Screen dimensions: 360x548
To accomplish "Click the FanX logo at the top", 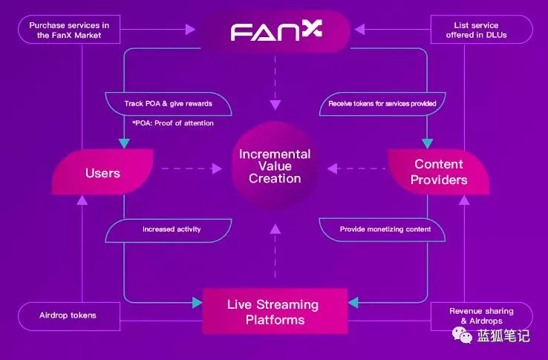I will point(274,31).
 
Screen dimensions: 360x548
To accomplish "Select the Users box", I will point(102,172).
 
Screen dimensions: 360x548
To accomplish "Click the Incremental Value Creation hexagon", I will point(275,166).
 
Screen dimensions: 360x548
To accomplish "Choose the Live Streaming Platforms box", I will point(274,312).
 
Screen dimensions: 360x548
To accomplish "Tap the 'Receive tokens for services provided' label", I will point(382,103).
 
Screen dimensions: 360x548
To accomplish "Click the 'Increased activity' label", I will point(172,229).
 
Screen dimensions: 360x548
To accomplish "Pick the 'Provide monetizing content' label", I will point(385,229).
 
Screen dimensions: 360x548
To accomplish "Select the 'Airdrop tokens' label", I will point(68,315).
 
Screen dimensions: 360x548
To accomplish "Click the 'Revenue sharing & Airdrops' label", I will point(480,315).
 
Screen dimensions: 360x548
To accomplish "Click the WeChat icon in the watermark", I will point(464,337).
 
